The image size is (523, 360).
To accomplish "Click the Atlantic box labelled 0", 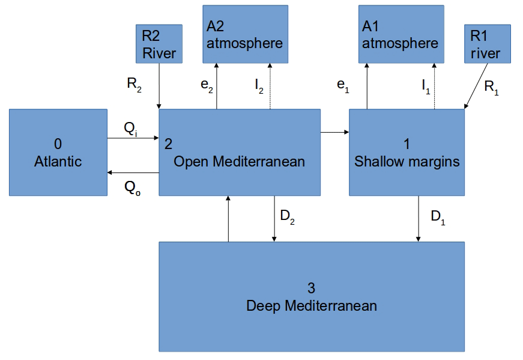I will (x=58, y=152).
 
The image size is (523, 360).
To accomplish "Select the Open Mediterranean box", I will (x=239, y=152).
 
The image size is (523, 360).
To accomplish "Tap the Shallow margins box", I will (x=407, y=152).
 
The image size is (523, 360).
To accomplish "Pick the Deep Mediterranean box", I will (x=311, y=296).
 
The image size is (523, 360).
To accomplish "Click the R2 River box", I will (x=159, y=43).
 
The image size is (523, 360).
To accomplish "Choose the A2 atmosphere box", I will (x=244, y=34).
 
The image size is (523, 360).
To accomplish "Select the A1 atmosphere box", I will (x=401, y=34).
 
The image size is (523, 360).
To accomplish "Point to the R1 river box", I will (x=486, y=43).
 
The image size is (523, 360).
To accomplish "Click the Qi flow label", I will (x=132, y=129).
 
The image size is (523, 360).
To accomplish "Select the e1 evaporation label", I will (x=343, y=87).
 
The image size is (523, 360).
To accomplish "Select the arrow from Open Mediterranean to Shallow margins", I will (x=334, y=132).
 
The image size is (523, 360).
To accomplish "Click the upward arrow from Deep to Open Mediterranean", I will (x=228, y=219).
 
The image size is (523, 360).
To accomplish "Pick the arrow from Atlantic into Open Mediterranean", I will (x=133, y=138).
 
